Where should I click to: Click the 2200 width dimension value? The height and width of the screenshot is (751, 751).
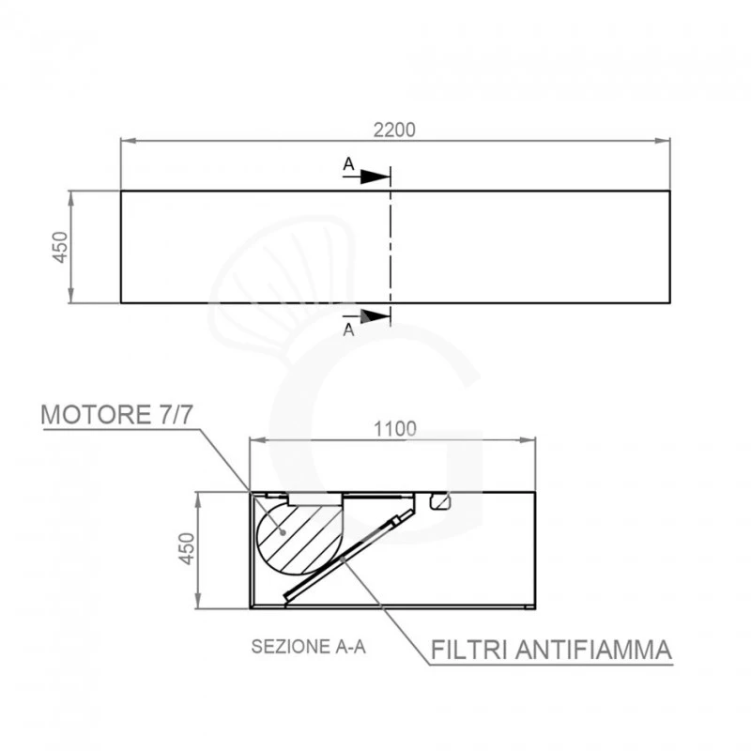pyautogui.click(x=394, y=130)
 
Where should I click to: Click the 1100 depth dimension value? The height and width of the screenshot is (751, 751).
pyautogui.click(x=394, y=429)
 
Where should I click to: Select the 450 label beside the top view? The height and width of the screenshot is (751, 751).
pyautogui.click(x=60, y=247)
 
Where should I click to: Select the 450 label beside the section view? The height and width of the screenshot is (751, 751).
pyautogui.click(x=187, y=549)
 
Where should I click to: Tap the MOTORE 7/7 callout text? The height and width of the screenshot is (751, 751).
pyautogui.click(x=117, y=414)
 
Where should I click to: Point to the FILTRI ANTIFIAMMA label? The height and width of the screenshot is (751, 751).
pyautogui.click(x=551, y=650)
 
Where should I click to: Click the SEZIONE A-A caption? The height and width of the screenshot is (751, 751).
pyautogui.click(x=309, y=647)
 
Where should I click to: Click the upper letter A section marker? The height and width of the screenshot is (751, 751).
pyautogui.click(x=348, y=164)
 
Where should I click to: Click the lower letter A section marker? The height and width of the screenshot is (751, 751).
pyautogui.click(x=348, y=330)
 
